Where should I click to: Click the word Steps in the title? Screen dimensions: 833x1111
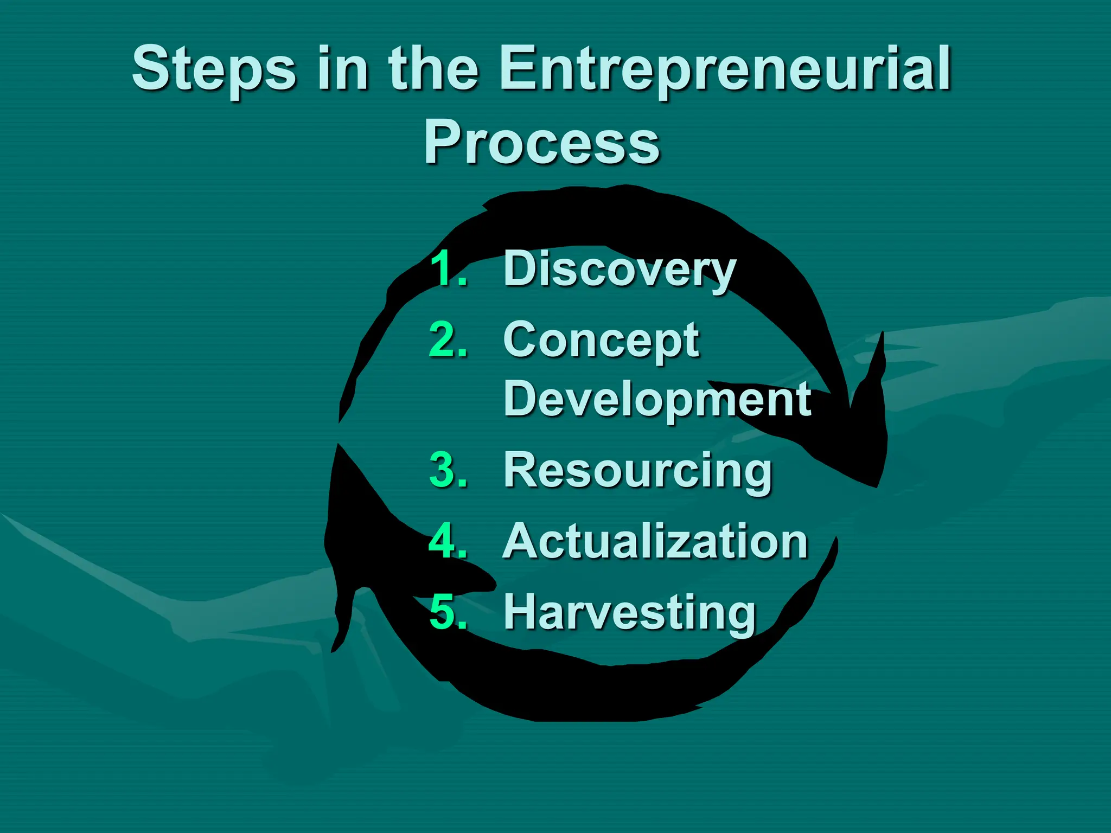point(214,71)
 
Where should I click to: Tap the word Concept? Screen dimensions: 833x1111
point(601,341)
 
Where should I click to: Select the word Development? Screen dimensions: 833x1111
point(657,400)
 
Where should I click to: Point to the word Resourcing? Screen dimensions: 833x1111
point(637,471)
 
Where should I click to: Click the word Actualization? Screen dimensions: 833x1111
point(655,541)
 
